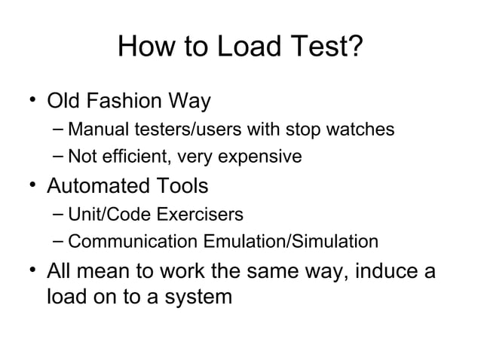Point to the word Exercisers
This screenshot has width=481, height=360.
pyautogui.click(x=200, y=215)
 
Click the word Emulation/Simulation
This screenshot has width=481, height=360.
pyautogui.click(x=290, y=243)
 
